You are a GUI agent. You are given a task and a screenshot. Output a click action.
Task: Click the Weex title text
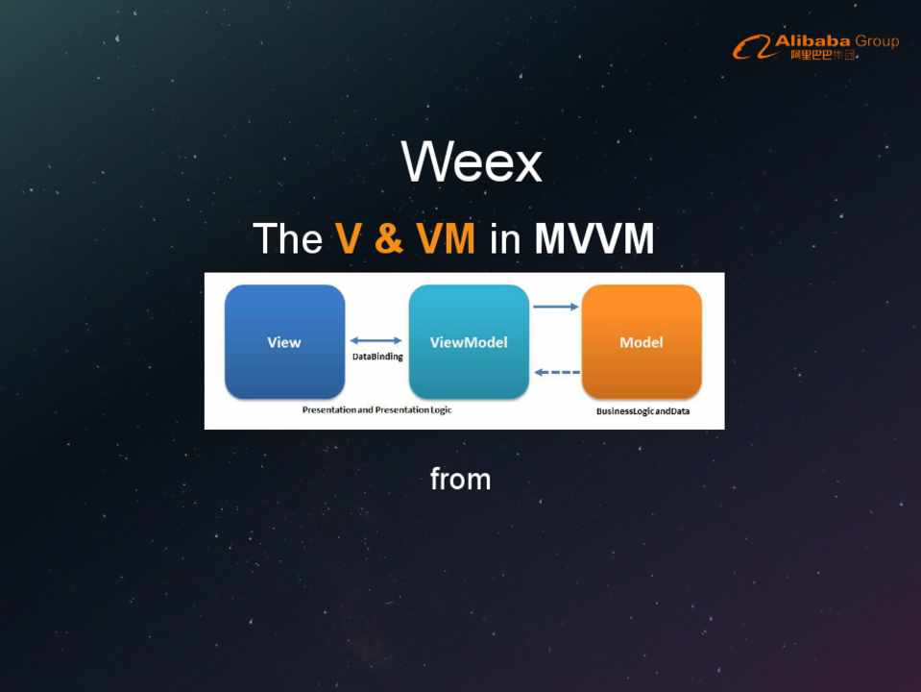point(472,161)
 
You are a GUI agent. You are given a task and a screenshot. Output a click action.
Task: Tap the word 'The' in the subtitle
point(288,238)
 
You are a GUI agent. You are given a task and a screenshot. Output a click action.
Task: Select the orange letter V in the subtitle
point(348,238)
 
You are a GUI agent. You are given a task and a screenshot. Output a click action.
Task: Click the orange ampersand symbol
point(388,238)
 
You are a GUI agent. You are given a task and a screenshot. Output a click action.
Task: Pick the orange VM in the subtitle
point(446,238)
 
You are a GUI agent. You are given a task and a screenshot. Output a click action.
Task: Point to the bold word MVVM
point(594,238)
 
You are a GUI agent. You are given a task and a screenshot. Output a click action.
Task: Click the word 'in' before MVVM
point(505,238)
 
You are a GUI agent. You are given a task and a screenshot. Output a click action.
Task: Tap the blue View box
point(285,341)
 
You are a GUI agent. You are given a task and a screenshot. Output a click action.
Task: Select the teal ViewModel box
point(469,341)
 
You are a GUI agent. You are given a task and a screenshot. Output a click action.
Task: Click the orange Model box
point(642,341)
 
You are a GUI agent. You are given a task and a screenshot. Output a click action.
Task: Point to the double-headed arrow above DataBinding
point(376,340)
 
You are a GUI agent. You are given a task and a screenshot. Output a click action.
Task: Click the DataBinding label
point(377,357)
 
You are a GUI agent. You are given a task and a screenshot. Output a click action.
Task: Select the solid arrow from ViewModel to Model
point(556,307)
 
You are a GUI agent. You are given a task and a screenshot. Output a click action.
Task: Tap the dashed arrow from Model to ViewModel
point(557,372)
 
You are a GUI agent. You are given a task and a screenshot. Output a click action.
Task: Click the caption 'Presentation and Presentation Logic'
point(376,409)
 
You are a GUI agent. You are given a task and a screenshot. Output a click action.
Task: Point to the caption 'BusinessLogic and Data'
point(642,411)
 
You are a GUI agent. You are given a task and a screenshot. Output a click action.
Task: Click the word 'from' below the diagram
point(461,480)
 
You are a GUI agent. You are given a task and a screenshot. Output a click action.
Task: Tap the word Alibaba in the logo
point(812,41)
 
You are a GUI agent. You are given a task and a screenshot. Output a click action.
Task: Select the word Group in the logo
point(877,41)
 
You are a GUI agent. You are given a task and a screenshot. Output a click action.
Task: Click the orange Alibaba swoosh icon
point(752,46)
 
